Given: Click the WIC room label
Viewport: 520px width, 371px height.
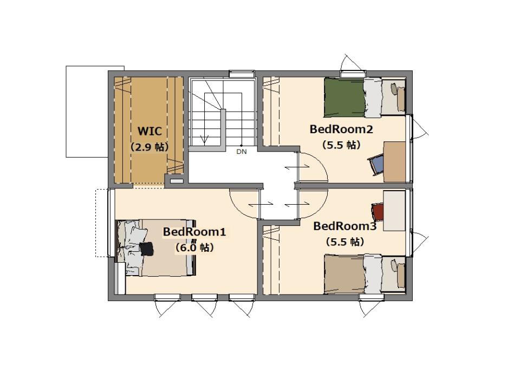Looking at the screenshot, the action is pos(149,131).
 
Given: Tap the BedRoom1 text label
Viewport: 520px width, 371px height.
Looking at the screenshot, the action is pos(194,232).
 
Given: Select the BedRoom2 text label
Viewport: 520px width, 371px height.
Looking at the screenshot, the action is pos(341,129).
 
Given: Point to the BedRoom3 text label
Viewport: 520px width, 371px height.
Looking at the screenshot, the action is pos(345,226).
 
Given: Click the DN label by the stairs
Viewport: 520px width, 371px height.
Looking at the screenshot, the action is pos(242,152).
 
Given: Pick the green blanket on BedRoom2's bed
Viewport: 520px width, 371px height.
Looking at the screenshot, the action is pos(344,97).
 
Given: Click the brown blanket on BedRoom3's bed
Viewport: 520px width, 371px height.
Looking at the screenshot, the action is pos(344,274).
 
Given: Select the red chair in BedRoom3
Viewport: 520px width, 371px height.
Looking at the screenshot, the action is pos(378,212).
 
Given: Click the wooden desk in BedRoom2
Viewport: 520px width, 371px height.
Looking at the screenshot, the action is pos(394,162).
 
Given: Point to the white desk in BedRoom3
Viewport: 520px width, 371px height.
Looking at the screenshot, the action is pos(394,211).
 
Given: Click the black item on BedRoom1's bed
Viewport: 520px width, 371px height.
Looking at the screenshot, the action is pos(147,249).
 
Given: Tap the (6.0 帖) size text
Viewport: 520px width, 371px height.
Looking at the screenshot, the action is pos(194,248).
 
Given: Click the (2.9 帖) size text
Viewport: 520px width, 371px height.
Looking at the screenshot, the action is pos(149,147).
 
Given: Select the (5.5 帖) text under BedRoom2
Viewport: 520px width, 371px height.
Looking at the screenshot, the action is pos(341,145).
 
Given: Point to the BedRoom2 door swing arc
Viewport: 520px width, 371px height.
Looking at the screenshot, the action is pos(319,162).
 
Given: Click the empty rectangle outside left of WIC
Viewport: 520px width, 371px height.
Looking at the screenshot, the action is pos(88,112).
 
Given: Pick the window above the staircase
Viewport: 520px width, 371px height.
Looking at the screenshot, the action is pos(242,74).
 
